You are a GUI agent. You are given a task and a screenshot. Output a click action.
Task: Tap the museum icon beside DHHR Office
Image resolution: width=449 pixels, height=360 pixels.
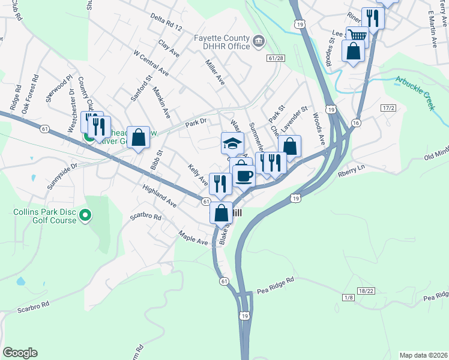tap(259, 41)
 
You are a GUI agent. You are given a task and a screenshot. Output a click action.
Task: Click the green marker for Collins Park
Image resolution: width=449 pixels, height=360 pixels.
tap(85, 214)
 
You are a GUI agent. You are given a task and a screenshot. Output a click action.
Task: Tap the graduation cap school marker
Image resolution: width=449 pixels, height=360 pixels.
tap(232, 143)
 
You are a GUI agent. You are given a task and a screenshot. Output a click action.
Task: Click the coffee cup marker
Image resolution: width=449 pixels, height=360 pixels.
tap(244, 176)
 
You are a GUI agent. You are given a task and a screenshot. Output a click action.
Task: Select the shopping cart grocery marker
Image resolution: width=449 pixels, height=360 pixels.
tap(357, 35)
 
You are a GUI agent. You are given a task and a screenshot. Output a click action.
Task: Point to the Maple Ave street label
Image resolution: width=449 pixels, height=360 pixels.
tap(193, 238)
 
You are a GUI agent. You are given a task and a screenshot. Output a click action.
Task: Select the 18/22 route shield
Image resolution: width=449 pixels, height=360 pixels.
tap(366, 290)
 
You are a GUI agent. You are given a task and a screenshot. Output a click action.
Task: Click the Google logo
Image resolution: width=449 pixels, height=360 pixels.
tap(20, 353)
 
